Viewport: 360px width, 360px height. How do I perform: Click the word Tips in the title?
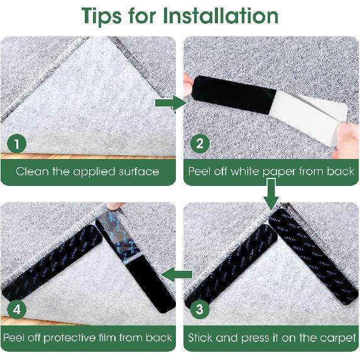tap(102, 16)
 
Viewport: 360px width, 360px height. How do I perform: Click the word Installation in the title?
tap(221, 16)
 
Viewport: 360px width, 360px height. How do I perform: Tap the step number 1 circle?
tap(17, 143)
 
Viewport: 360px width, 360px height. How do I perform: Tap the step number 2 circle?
tap(200, 143)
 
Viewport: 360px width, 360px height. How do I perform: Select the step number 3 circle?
tap(200, 309)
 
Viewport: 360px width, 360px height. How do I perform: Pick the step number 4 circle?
tap(17, 310)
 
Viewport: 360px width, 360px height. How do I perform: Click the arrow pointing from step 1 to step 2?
tap(171, 103)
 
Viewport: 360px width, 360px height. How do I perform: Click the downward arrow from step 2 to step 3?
tap(271, 194)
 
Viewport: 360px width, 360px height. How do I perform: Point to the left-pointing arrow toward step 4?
tap(177, 275)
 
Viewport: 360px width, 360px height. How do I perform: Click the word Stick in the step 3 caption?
tap(200, 338)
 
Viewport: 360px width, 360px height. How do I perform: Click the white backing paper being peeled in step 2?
tap(310, 115)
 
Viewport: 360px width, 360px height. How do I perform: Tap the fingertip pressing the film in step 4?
tap(115, 205)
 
